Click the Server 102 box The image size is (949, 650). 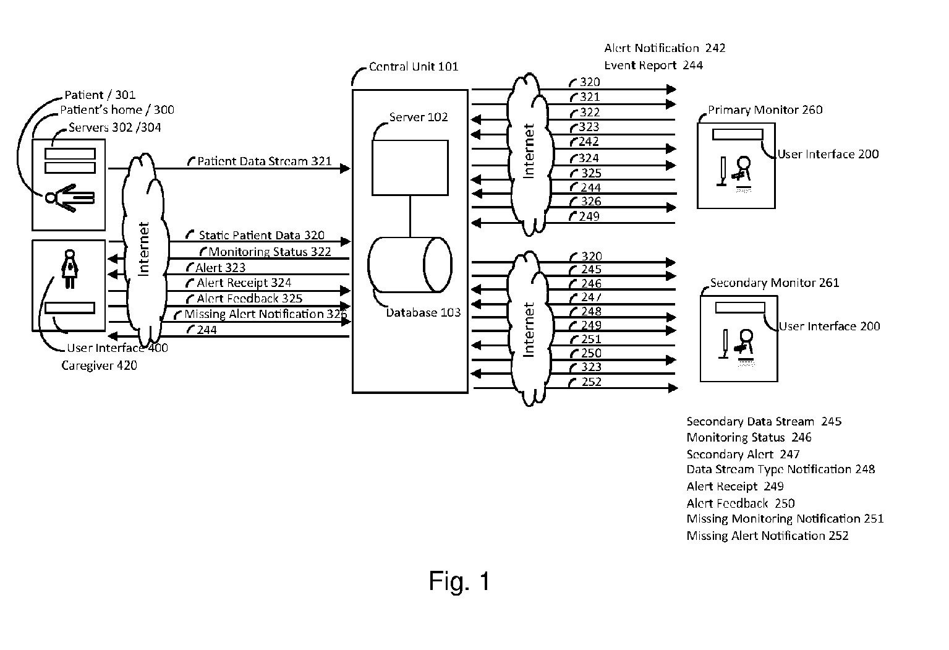(410, 168)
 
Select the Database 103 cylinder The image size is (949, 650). (410, 265)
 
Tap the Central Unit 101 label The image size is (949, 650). (414, 67)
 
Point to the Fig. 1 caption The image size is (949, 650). (459, 581)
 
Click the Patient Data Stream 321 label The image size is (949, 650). (264, 161)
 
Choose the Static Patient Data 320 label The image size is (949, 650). (261, 236)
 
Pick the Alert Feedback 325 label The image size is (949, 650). (249, 299)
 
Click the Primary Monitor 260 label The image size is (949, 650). (765, 110)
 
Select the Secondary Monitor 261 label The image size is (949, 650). (774, 283)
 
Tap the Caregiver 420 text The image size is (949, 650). (99, 366)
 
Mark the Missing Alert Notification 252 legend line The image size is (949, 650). (767, 536)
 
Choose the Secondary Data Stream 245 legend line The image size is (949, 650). (764, 422)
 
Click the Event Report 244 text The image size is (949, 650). (653, 65)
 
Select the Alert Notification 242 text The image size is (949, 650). (665, 48)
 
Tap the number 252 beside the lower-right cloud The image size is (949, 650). (592, 382)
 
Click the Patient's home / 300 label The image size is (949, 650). (117, 110)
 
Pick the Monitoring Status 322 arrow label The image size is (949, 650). (270, 252)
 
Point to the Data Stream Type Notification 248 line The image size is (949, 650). (780, 469)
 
